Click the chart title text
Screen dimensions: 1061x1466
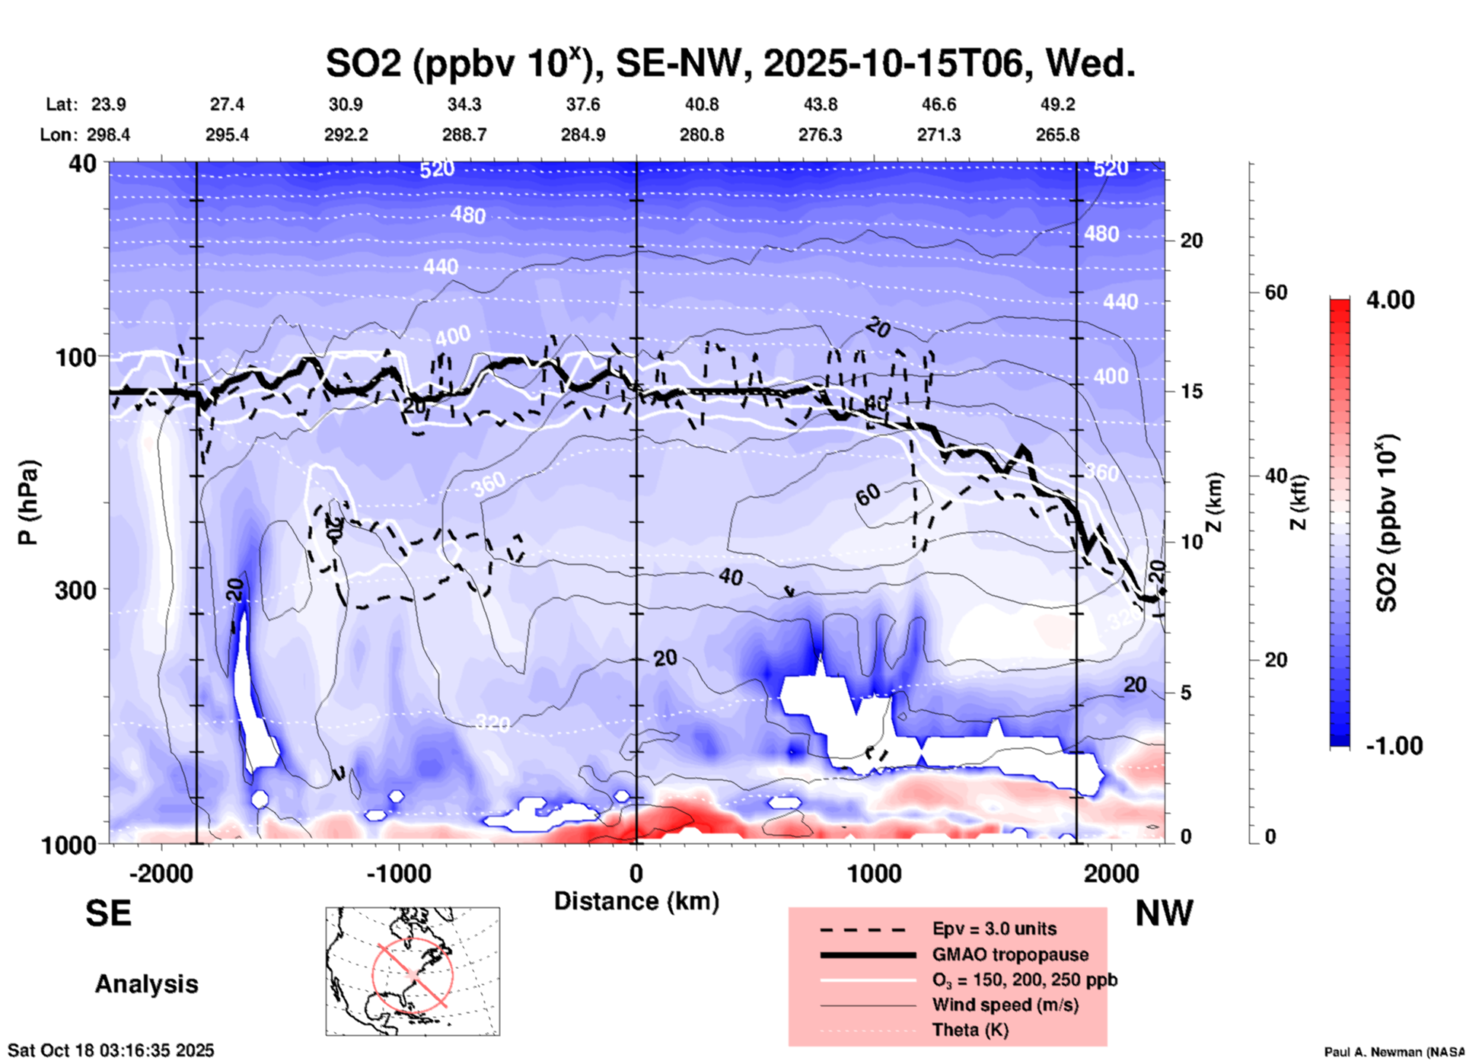coord(731,62)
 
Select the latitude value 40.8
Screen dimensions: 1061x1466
coord(701,104)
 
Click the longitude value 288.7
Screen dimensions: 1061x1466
coord(464,135)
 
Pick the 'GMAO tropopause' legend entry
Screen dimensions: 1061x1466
coord(1009,954)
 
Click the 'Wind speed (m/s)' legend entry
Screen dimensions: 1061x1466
coord(1005,1005)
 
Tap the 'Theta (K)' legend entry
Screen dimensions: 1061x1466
coord(970,1030)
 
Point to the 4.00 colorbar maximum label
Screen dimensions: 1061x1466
coord(1390,300)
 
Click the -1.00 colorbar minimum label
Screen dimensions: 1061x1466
coord(1394,745)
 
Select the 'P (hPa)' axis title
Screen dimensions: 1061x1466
coord(28,502)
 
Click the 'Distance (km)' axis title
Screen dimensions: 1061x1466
coord(636,901)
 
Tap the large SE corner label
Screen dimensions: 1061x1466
coord(108,913)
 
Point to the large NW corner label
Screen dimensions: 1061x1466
coord(1164,913)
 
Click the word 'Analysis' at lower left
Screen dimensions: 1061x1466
coord(146,984)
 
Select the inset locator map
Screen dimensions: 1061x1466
coord(413,971)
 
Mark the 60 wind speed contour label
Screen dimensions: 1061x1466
coord(868,495)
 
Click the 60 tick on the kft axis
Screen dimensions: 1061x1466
coord(1276,293)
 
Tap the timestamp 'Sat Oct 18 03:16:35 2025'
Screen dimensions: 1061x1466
coord(111,1050)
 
